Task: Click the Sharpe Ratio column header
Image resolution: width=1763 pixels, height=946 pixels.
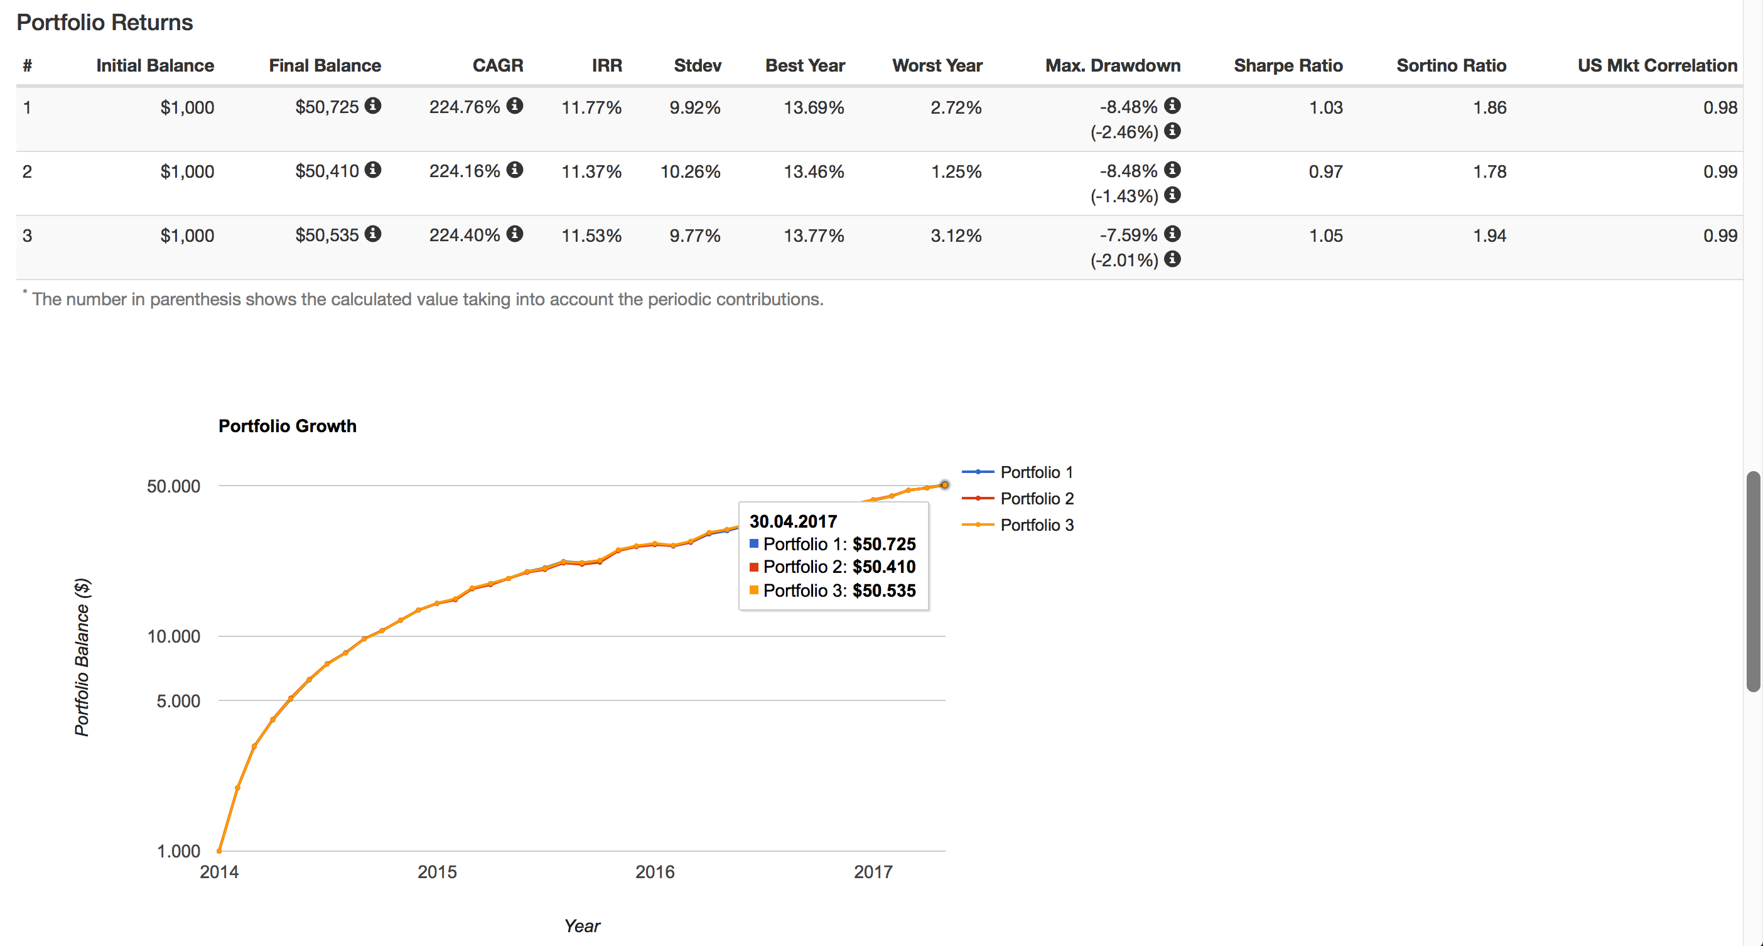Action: point(1287,66)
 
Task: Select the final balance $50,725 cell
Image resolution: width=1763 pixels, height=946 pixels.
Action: point(326,107)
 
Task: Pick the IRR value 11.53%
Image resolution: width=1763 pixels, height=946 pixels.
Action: point(591,236)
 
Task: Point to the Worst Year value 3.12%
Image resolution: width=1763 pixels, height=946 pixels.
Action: point(956,236)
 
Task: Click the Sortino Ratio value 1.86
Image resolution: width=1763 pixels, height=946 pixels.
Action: point(1489,107)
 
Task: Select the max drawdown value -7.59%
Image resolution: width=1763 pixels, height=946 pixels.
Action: point(1128,235)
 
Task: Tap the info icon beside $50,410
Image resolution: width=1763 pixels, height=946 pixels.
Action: point(373,170)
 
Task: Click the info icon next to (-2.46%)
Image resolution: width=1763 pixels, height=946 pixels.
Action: point(1172,131)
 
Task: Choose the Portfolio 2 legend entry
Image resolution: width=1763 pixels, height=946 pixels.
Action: point(1036,498)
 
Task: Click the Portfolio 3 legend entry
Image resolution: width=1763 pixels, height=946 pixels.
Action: point(1036,525)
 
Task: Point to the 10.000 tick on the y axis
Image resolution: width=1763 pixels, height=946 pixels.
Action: point(174,636)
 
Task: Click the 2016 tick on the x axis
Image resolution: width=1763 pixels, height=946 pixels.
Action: point(655,871)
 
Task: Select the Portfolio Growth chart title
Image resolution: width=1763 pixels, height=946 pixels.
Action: point(288,426)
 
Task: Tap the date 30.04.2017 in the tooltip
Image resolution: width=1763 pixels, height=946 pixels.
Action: point(793,521)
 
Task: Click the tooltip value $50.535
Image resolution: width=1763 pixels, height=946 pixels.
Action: point(883,590)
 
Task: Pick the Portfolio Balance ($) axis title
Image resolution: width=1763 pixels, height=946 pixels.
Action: point(82,657)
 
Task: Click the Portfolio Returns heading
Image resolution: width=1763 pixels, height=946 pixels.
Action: point(105,23)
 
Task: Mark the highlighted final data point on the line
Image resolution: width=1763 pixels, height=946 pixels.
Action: point(944,485)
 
